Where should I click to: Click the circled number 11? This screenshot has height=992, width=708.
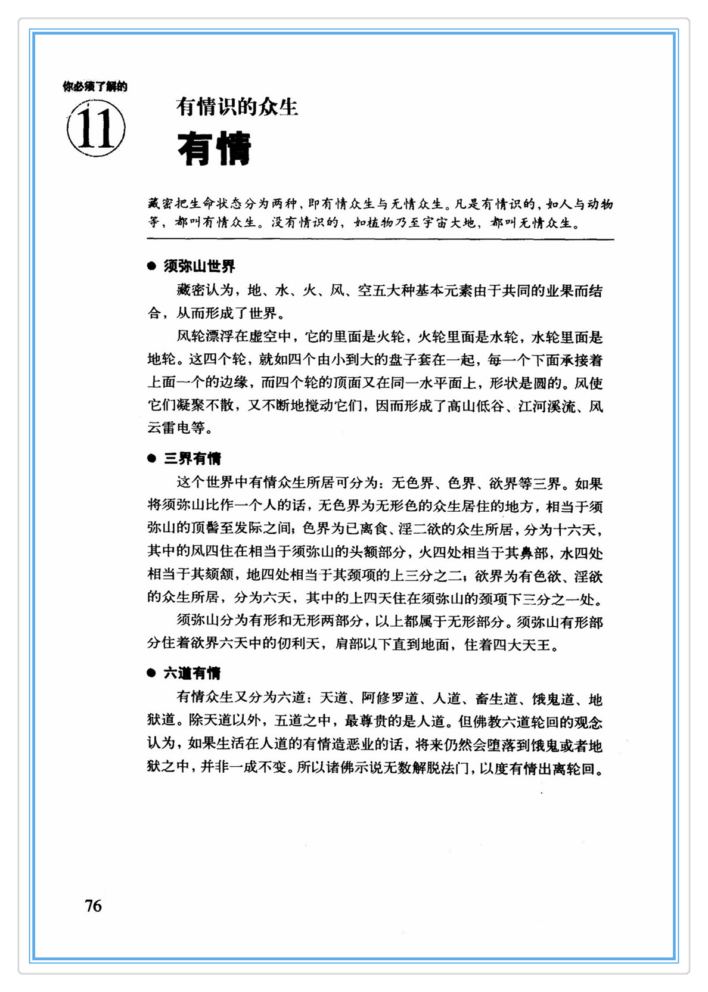point(96,128)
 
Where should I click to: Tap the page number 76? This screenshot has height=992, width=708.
point(94,906)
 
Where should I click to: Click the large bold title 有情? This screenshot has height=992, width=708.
point(215,149)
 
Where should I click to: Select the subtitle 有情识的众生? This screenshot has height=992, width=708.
point(237,107)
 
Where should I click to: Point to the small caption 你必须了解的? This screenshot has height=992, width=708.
point(95,87)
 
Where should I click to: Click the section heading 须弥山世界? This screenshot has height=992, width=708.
point(200,266)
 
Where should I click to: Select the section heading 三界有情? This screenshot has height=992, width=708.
point(192,458)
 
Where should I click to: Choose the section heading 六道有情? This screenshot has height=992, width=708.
point(192,673)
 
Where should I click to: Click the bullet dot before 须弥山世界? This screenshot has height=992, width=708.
point(151,266)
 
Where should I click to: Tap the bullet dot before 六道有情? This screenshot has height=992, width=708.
point(151,673)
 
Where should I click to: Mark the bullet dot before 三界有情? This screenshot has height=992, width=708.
point(151,458)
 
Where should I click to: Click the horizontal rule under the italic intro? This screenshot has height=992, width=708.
point(380,240)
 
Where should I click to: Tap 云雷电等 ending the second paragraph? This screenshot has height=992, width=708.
point(176,428)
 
